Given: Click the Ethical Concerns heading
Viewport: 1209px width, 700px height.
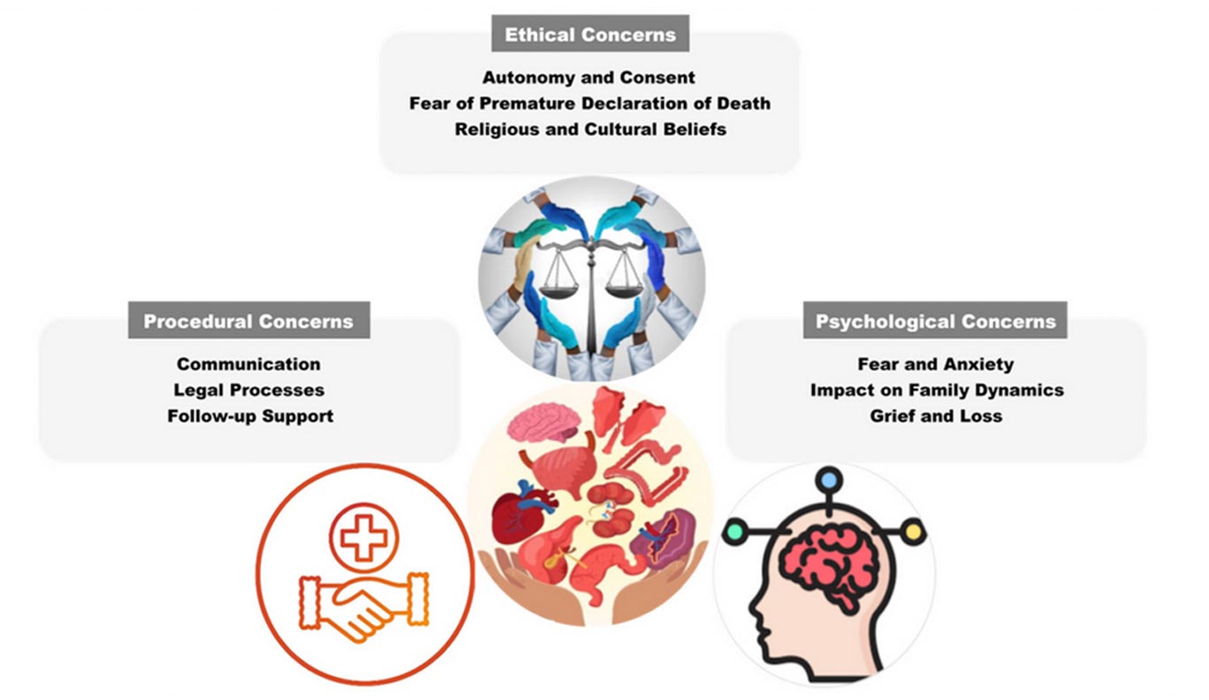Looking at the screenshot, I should tap(589, 35).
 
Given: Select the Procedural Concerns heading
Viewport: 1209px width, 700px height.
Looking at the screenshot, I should tap(248, 322).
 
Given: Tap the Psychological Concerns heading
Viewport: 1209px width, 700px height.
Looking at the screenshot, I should tap(935, 322).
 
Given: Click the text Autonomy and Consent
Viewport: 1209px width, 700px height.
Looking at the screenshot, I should tap(589, 78).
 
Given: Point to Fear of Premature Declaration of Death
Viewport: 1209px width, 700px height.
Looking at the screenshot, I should tap(589, 103).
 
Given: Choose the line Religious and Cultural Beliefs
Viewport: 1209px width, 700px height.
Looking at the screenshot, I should tap(589, 129).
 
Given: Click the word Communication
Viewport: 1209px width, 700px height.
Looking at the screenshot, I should tap(248, 364).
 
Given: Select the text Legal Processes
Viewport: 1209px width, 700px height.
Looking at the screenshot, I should tap(248, 390).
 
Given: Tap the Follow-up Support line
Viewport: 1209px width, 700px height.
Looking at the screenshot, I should tap(250, 415).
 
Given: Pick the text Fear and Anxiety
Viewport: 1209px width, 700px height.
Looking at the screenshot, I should tap(935, 364).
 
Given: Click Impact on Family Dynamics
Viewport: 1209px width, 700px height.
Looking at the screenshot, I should tap(936, 390).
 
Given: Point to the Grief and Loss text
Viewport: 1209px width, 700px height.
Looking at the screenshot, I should tap(935, 415).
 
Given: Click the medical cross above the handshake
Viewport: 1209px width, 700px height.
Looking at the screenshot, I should tap(364, 537).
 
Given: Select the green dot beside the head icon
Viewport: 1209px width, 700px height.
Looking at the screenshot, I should tap(734, 532).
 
